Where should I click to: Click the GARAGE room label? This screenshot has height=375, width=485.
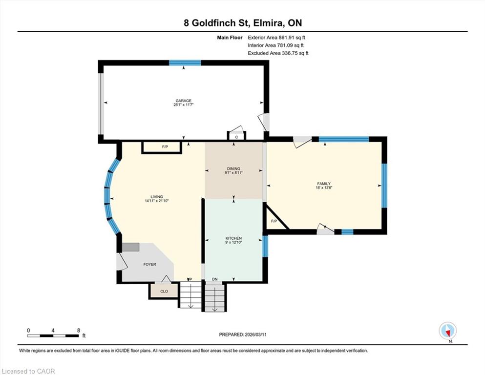(184, 101)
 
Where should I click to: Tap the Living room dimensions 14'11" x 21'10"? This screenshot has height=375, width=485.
(156, 201)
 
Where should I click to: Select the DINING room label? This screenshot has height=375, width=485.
(233, 168)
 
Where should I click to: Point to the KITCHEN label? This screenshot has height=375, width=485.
(233, 238)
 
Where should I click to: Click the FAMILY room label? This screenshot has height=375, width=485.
(324, 184)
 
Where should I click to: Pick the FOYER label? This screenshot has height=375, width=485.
(150, 264)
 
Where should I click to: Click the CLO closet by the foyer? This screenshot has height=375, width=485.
(164, 291)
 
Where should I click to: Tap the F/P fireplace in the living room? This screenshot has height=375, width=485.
(162, 147)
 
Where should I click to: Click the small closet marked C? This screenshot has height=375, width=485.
(236, 136)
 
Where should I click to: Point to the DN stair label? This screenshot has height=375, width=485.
(215, 279)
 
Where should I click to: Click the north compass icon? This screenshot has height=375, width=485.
(447, 331)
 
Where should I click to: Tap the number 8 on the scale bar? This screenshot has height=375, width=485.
(79, 330)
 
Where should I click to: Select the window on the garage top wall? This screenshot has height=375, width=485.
(185, 63)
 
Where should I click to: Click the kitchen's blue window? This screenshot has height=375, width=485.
(265, 246)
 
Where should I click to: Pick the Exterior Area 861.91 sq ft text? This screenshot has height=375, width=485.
(276, 38)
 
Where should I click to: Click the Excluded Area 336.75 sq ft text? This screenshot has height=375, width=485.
(278, 53)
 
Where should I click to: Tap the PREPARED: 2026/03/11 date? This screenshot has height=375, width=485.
(243, 334)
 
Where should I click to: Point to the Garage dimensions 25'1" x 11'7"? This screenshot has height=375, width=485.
(184, 105)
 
